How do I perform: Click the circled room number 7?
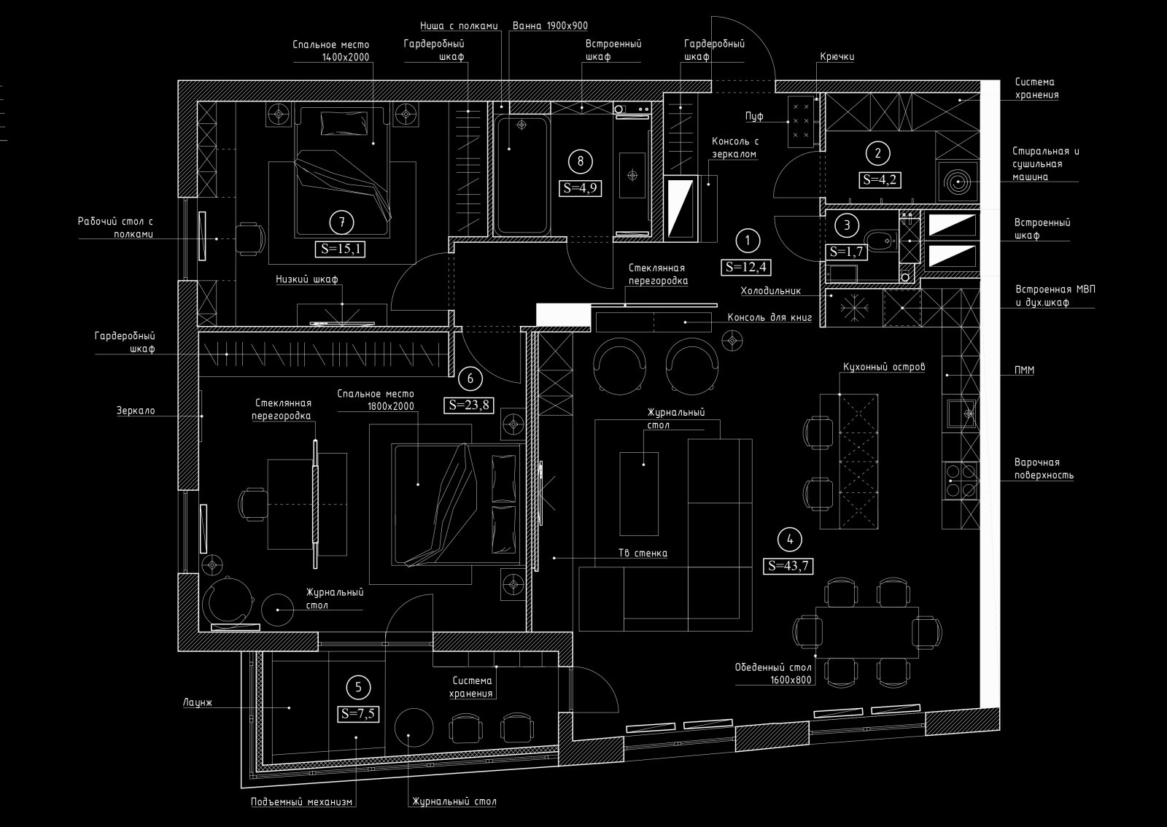pyautogui.click(x=342, y=223)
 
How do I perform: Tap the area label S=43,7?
pyautogui.click(x=789, y=566)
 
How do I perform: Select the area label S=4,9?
pyautogui.click(x=581, y=188)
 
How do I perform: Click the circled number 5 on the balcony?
pyautogui.click(x=358, y=688)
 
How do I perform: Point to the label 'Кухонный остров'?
pyautogui.click(x=884, y=367)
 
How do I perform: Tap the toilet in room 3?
pyautogui.click(x=880, y=241)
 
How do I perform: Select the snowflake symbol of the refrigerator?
pyautogui.click(x=855, y=307)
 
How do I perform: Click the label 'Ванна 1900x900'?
pyautogui.click(x=550, y=26)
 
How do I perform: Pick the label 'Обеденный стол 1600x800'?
pyautogui.click(x=773, y=673)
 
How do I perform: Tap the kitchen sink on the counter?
pyautogui.click(x=962, y=413)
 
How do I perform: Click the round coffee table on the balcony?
pyautogui.click(x=414, y=728)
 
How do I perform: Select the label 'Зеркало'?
pyautogui.click(x=136, y=411)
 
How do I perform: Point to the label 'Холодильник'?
pyautogui.click(x=770, y=290)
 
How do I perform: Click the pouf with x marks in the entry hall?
pyautogui.click(x=801, y=121)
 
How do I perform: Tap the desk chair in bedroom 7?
pyautogui.click(x=251, y=239)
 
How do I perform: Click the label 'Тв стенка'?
pyautogui.click(x=643, y=553)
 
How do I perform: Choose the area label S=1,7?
pyautogui.click(x=846, y=252)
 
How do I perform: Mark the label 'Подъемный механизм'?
pyautogui.click(x=302, y=802)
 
